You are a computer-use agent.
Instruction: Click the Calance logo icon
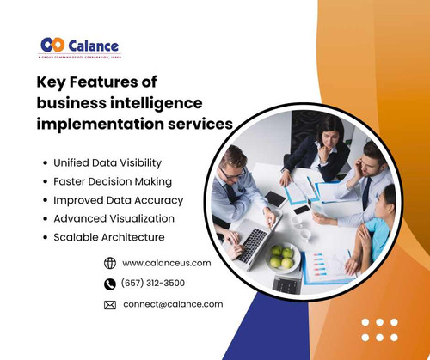[51, 45]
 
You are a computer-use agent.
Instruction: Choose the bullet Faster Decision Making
[113, 181]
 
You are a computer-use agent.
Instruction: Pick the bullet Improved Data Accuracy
[118, 199]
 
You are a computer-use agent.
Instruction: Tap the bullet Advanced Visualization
[114, 218]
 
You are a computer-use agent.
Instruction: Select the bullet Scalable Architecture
[108, 237]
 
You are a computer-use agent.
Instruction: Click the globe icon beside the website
[109, 263]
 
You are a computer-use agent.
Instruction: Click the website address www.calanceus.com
[167, 263]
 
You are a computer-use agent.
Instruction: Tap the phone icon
[109, 284]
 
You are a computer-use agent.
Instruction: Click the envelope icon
[109, 304]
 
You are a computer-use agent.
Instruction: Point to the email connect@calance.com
[173, 303]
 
